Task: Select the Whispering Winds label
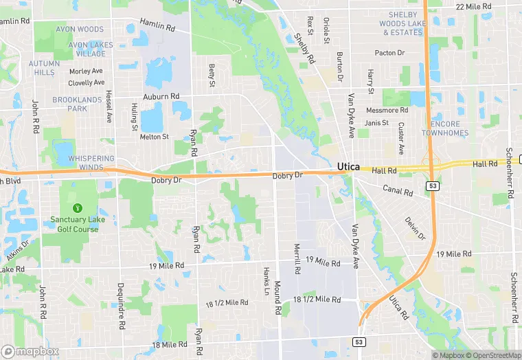coord(91,163)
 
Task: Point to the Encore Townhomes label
coord(444,128)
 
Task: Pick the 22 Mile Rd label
coord(475,6)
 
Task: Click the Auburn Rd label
coord(161,97)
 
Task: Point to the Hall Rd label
coord(484,164)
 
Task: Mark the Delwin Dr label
coord(415,228)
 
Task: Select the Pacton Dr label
coord(391,53)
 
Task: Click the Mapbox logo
coord(30,351)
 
